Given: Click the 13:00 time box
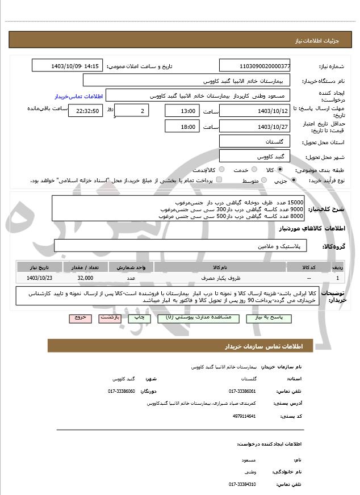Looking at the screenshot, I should (x=182, y=110).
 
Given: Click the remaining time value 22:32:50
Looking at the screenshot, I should (x=84, y=110).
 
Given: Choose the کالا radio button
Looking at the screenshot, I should (x=280, y=170).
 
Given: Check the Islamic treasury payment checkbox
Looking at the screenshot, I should (x=219, y=180).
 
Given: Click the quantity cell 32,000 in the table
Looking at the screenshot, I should (x=85, y=278).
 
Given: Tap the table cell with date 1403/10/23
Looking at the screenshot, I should (x=39, y=278).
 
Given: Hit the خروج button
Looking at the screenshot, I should (x=79, y=318).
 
